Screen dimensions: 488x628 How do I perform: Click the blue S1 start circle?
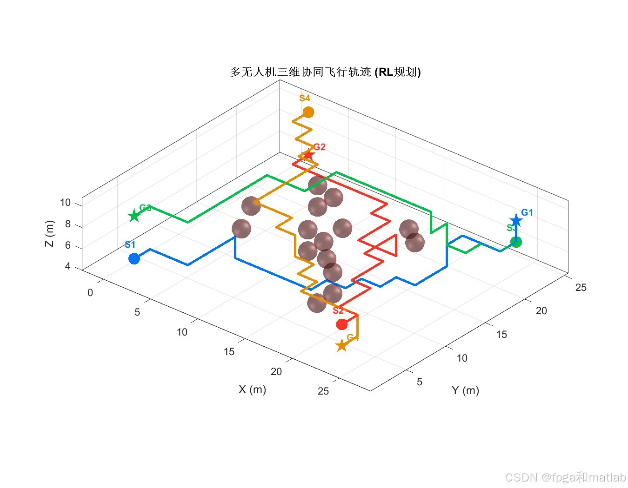[134, 258]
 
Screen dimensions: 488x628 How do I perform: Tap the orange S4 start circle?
[308, 112]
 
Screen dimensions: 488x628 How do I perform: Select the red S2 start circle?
[341, 324]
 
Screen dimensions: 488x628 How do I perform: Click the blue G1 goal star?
[515, 221]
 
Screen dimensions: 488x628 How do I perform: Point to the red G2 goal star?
[308, 154]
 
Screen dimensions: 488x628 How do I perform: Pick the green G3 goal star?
[134, 216]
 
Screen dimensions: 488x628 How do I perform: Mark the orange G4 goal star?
[342, 345]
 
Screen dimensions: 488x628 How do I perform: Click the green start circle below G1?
[515, 242]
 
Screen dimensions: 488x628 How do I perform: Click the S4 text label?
[305, 98]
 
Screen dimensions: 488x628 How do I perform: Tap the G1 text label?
[527, 212]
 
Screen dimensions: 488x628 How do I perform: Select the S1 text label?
[130, 244]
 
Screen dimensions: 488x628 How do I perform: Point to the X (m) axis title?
[252, 389]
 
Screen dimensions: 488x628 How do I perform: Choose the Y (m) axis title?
[465, 390]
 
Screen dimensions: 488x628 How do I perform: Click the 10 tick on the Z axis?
[65, 203]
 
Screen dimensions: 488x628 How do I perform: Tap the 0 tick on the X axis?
[90, 293]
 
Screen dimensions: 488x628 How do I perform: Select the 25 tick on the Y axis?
[581, 287]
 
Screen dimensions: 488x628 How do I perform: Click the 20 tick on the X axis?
[276, 371]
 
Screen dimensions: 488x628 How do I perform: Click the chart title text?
[325, 72]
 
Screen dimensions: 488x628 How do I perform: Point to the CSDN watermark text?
[565, 477]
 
